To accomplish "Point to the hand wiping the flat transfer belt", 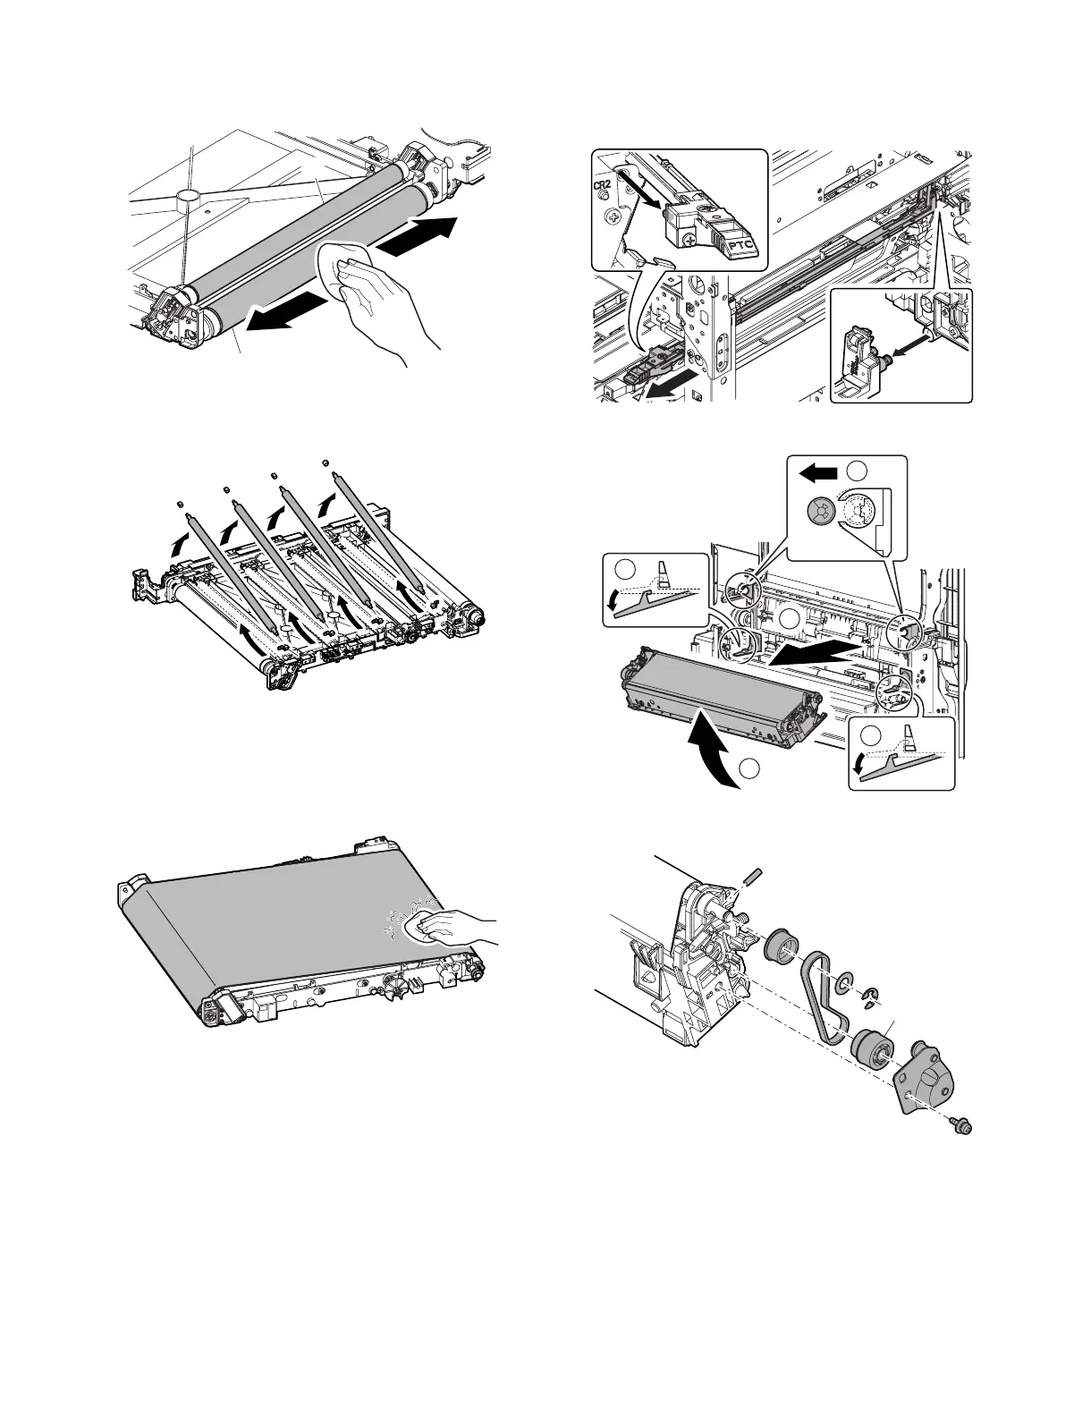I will click(452, 929).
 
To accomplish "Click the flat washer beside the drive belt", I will click(843, 986).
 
